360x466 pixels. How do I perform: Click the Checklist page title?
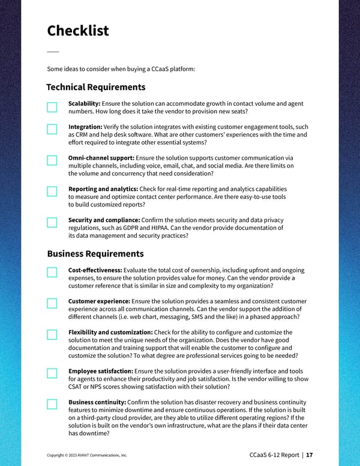[x=77, y=31]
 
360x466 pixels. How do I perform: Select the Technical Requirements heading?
[x=95, y=87]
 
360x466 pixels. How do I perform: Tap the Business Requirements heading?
[x=95, y=253]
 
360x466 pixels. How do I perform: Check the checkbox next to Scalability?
[x=52, y=107]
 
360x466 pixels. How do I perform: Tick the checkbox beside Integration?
[x=52, y=129]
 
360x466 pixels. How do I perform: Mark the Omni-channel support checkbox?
[x=52, y=160]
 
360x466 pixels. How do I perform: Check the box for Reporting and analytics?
[x=52, y=192]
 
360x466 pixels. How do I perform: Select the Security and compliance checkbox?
[x=52, y=223]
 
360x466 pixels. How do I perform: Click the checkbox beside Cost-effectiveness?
[x=52, y=273]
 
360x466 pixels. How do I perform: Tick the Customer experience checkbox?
[x=52, y=303]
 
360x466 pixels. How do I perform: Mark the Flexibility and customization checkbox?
[x=52, y=334]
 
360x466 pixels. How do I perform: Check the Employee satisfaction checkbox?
[x=52, y=373]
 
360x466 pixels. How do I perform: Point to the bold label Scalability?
[x=84, y=104]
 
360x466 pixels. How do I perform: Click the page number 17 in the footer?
[x=310, y=455]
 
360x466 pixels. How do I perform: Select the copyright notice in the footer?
[x=87, y=455]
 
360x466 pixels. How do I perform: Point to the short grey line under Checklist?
[x=53, y=51]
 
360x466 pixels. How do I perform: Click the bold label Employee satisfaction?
[x=100, y=372]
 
